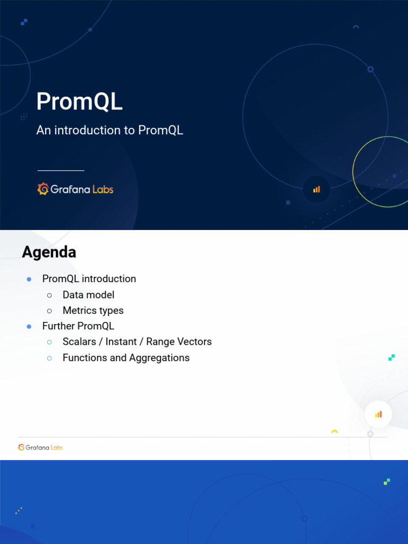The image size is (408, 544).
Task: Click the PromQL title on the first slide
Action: tap(79, 102)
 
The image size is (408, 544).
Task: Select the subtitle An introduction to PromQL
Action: tap(109, 130)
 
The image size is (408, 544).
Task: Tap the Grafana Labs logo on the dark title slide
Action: tap(75, 189)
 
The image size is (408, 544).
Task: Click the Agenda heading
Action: tap(49, 252)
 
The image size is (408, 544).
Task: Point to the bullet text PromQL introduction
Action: tap(89, 279)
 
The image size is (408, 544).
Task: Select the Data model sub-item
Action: tap(88, 295)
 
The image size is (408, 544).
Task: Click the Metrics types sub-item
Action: tap(93, 311)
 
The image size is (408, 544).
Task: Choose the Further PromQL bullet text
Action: tap(78, 326)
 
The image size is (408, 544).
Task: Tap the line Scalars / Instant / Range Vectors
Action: tap(137, 342)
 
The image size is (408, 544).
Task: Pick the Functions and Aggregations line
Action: tap(126, 358)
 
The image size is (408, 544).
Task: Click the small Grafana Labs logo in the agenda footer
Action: tap(40, 447)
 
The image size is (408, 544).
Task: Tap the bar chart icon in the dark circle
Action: tap(317, 189)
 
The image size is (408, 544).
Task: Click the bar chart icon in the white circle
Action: tap(378, 414)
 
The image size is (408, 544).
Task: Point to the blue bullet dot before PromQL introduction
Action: tap(29, 279)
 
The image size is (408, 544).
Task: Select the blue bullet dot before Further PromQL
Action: tap(29, 327)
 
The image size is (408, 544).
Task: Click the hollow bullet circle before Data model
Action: tap(49, 295)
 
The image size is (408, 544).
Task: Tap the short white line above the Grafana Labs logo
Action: tap(61, 171)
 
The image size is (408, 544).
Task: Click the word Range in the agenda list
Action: tap(160, 342)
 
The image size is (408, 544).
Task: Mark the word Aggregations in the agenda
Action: tap(159, 358)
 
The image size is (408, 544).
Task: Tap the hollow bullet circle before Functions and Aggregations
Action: tap(49, 359)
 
